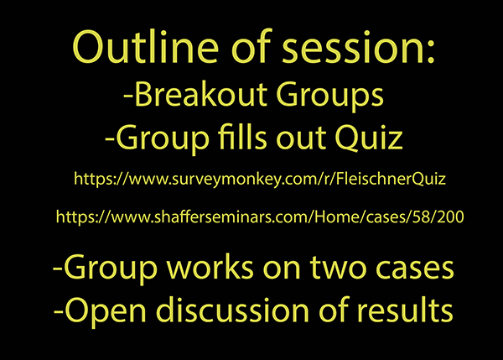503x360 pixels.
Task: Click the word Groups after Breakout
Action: (x=329, y=97)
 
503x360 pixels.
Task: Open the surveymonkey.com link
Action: (x=260, y=179)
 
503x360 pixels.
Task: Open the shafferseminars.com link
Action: (x=260, y=217)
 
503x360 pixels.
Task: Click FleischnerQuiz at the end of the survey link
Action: (x=391, y=179)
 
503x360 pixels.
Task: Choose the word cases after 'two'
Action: (x=414, y=269)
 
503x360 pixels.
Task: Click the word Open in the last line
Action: (x=106, y=311)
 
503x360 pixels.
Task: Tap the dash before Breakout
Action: (x=128, y=96)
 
